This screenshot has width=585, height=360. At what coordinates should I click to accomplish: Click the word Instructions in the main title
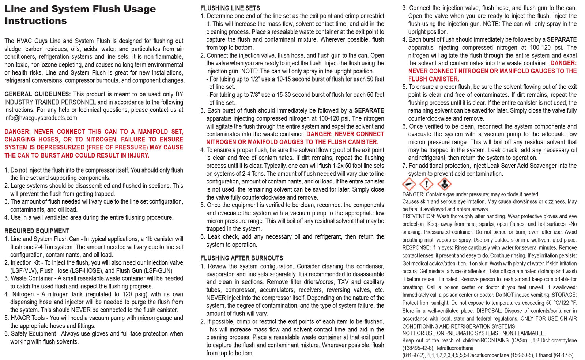click(x=35, y=21)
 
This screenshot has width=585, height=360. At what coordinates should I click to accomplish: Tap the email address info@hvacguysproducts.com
click(x=41, y=118)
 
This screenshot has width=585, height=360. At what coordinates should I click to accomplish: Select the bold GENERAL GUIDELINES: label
click(x=37, y=94)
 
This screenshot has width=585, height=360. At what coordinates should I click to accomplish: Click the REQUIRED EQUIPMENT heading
click(x=37, y=231)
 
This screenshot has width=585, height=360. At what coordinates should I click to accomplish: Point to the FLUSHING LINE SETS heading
click(x=230, y=8)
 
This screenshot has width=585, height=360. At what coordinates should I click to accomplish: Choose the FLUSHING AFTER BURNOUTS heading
click(x=242, y=258)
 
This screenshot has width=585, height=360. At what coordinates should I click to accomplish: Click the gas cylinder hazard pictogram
click(x=409, y=184)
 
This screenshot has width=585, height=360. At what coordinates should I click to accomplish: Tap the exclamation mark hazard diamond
click(x=426, y=184)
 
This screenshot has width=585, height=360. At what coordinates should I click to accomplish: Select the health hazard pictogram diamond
click(x=444, y=184)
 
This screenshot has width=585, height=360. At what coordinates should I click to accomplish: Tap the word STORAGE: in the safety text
click(x=564, y=295)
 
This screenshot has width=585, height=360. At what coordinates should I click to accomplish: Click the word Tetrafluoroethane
click(x=454, y=348)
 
